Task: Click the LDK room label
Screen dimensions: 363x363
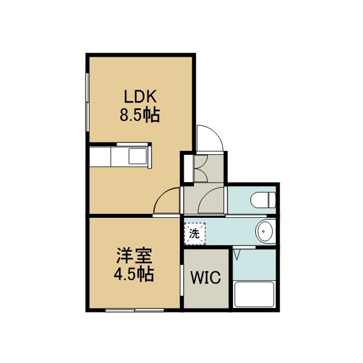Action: (x=140, y=96)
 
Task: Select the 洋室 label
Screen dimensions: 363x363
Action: (x=134, y=256)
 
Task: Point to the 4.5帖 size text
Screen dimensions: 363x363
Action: (x=134, y=274)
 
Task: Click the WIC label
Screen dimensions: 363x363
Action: (x=205, y=277)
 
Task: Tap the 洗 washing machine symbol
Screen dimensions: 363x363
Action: (x=195, y=234)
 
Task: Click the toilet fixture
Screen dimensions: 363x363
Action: (x=263, y=200)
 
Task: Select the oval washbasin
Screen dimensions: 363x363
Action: (x=264, y=231)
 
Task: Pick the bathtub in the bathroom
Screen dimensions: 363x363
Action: (x=254, y=294)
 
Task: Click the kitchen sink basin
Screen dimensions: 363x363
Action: (x=138, y=157)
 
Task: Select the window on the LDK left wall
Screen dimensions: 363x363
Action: (x=87, y=102)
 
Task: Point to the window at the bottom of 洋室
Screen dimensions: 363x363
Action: (x=135, y=310)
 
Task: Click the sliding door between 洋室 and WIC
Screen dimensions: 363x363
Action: (x=181, y=280)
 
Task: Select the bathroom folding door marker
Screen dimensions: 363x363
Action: (x=237, y=254)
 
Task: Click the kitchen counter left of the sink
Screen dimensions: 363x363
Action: (x=100, y=157)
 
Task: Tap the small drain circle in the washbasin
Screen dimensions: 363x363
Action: (x=263, y=231)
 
